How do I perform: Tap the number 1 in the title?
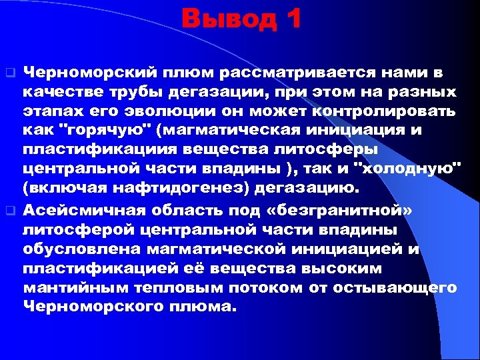291,19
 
